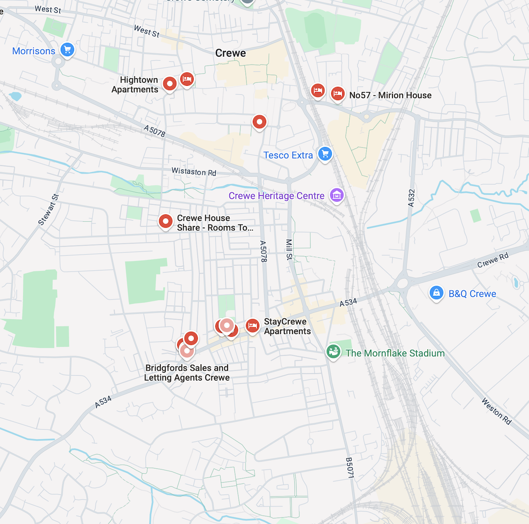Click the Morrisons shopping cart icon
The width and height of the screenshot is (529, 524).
click(67, 50)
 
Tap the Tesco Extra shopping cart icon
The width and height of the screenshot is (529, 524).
click(325, 154)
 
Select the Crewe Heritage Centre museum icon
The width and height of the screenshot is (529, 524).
click(336, 195)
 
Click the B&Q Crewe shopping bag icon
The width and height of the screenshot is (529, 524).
click(436, 293)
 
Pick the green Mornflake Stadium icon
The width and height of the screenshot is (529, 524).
click(333, 351)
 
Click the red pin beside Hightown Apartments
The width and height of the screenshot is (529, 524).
click(169, 84)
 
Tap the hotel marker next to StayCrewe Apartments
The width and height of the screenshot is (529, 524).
click(252, 326)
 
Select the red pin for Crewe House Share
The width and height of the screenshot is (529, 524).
click(166, 221)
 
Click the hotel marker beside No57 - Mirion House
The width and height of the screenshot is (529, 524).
click(338, 94)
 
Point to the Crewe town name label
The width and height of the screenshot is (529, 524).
click(231, 53)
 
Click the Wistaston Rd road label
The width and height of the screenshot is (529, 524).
click(194, 172)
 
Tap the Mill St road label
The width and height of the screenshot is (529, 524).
click(289, 249)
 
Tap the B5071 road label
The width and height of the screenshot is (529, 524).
click(349, 468)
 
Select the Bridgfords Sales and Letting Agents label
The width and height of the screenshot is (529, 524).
click(187, 373)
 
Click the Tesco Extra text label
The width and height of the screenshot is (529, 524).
click(284, 155)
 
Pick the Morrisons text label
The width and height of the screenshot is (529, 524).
click(34, 51)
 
